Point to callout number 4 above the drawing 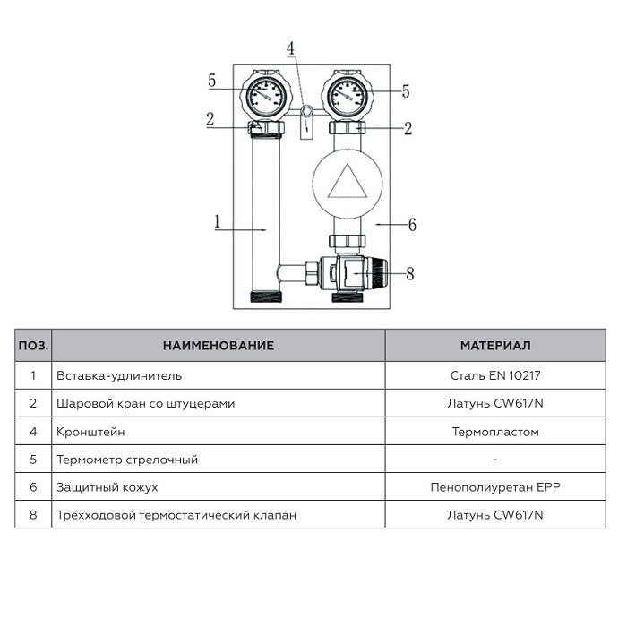(x=290, y=47)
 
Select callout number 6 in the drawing (x=412, y=224)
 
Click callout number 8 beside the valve (x=410, y=273)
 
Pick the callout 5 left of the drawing (x=212, y=81)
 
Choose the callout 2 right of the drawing (x=408, y=128)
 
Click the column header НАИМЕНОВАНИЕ (x=219, y=345)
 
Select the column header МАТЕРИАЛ (x=495, y=345)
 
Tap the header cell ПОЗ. (x=33, y=345)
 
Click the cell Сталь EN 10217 (x=495, y=376)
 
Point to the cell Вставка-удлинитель (x=118, y=376)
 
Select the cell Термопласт (x=495, y=432)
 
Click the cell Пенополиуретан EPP (x=495, y=487)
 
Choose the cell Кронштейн (x=90, y=432)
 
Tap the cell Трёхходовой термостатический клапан (x=176, y=515)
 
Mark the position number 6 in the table (x=33, y=487)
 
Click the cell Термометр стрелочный (x=126, y=460)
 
